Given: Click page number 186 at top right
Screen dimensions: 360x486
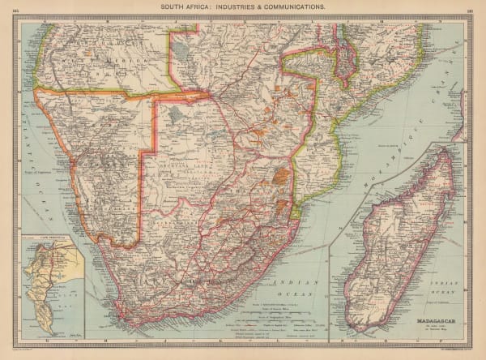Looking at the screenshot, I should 470,6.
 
